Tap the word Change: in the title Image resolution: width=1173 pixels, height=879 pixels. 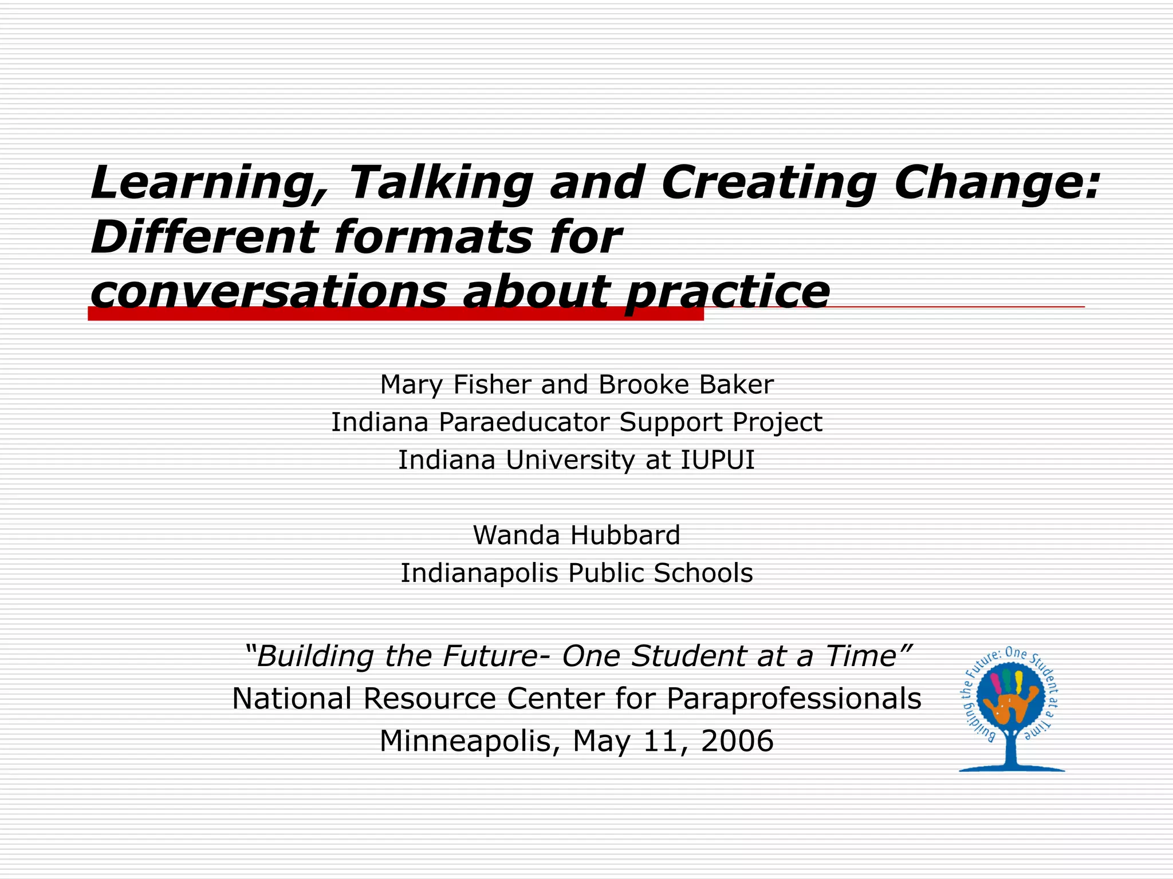click(x=997, y=183)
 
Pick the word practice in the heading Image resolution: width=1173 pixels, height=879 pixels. click(x=727, y=292)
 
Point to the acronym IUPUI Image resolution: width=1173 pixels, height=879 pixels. click(x=717, y=460)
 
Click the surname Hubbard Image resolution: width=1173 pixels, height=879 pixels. click(x=625, y=535)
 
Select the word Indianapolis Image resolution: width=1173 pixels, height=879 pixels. click(x=479, y=573)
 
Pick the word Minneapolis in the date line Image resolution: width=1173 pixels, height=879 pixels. click(x=470, y=741)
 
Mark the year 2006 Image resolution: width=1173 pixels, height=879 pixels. click(x=737, y=741)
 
